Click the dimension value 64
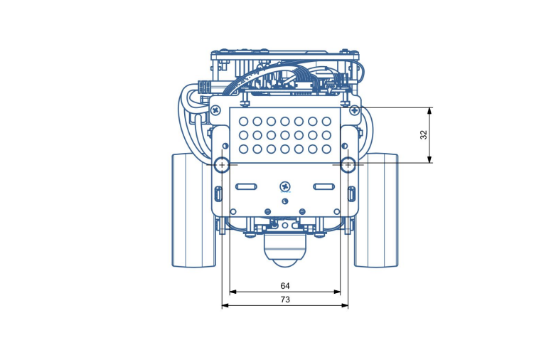point(285,286)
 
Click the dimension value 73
point(285,300)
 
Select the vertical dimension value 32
point(424,135)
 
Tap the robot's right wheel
point(376,210)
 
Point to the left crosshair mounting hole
point(223,165)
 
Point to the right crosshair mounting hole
point(348,165)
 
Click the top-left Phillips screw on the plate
point(215,110)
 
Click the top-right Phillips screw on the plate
point(354,110)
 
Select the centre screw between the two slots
point(285,186)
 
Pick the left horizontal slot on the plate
point(246,187)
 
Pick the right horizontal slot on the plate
point(324,187)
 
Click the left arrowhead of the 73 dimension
point(225,306)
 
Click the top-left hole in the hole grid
point(244,122)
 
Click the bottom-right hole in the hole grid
point(326,149)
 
